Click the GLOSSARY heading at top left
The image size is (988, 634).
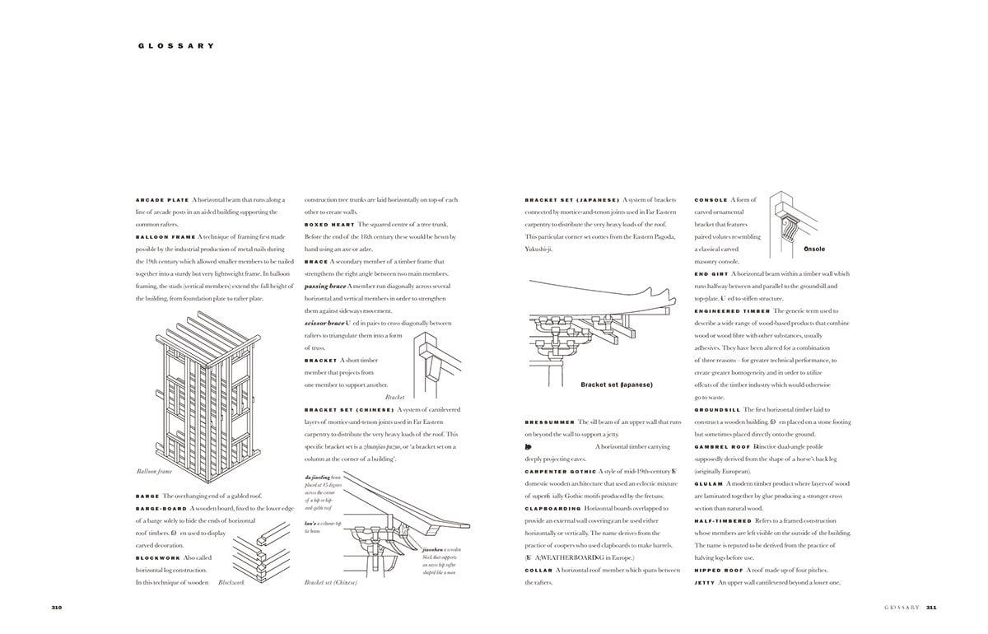176,46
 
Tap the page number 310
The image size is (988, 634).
57,608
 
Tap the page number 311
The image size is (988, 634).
931,608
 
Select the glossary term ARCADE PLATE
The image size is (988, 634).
162,200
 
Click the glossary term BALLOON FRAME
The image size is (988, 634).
165,237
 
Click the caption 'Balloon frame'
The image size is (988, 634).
154,472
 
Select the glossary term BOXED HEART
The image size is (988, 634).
328,225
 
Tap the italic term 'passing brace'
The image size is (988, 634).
325,287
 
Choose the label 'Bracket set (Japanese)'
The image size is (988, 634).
616,385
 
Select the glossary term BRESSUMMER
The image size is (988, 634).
549,422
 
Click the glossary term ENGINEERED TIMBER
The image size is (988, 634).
732,311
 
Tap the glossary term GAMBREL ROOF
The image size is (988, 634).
720,447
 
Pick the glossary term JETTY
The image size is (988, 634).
705,583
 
